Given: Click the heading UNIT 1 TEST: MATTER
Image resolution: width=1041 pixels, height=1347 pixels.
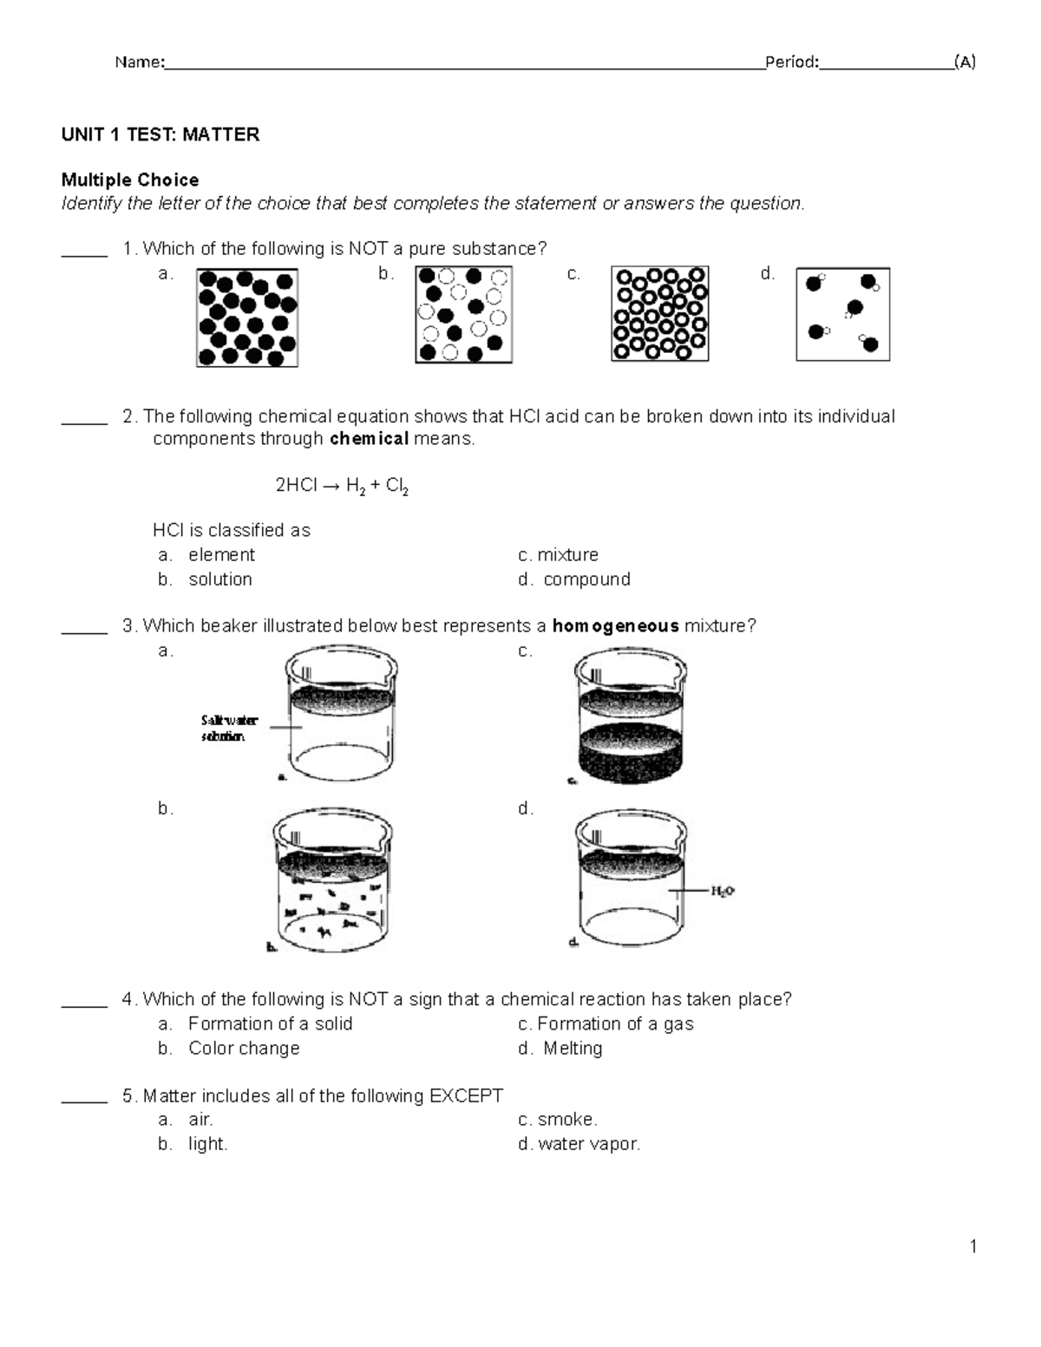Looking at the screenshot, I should [x=160, y=134].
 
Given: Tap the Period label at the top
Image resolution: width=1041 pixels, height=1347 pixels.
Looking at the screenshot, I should [x=790, y=62].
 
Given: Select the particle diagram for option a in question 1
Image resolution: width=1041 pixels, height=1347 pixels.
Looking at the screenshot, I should [x=247, y=317].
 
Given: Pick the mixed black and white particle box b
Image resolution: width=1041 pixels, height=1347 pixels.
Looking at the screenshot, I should [x=463, y=314].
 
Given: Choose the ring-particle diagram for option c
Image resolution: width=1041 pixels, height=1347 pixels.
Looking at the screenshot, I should [x=660, y=313].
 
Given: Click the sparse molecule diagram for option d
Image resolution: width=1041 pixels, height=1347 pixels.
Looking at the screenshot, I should [x=842, y=314].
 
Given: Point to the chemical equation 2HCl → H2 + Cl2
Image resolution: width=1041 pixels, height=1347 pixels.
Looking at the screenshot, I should [x=342, y=486].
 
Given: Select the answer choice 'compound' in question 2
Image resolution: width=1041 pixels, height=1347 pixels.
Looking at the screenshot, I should [x=586, y=579].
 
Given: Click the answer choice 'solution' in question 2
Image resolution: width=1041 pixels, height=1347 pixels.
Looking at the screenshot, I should [x=220, y=579].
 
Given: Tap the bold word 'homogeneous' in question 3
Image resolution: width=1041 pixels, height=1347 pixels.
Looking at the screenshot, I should [x=615, y=626].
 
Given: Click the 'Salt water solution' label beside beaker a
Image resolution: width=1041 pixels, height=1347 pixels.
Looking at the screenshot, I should [x=228, y=728].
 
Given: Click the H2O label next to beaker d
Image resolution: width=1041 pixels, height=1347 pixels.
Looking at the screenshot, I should [x=723, y=891].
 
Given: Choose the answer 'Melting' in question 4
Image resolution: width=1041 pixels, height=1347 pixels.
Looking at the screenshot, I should [x=572, y=1049].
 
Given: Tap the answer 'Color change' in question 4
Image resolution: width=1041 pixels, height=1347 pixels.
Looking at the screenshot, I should [x=244, y=1049].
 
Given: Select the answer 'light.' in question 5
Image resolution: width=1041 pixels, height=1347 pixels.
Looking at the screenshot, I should [x=208, y=1144].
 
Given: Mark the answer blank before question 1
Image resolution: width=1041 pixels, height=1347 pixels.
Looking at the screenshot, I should [x=84, y=253].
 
